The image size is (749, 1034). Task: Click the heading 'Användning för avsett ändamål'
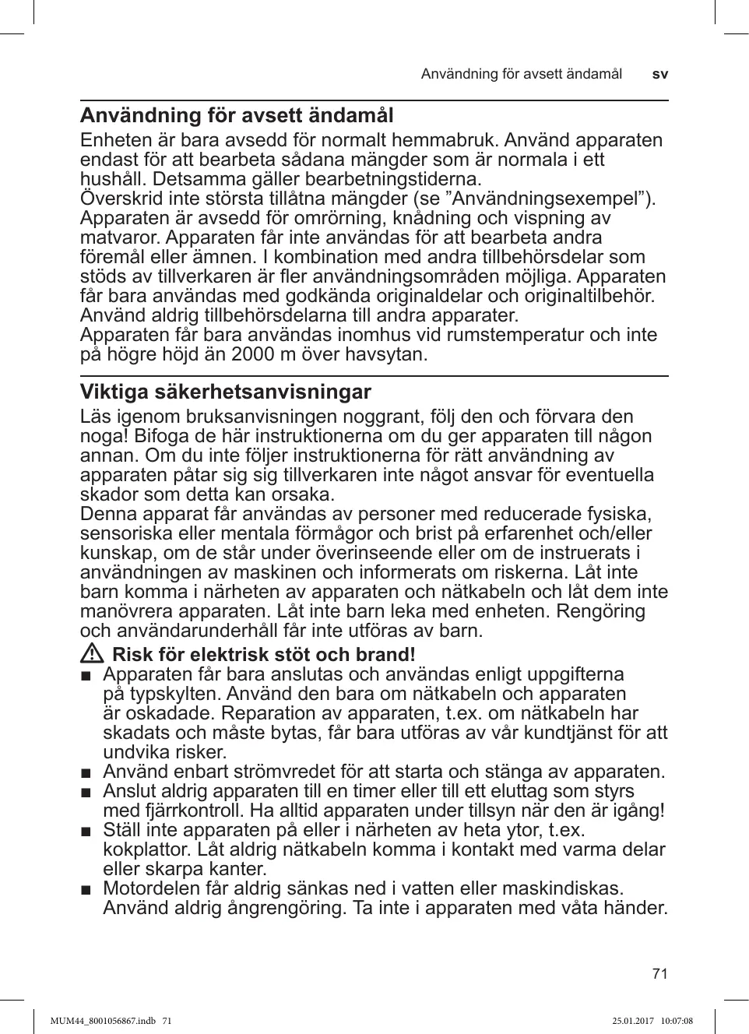(237, 116)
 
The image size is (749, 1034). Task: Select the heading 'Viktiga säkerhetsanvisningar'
(226, 392)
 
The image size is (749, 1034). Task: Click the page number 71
(659, 973)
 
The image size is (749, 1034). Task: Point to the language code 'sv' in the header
(659, 75)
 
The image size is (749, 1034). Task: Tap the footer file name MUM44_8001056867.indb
(102, 1021)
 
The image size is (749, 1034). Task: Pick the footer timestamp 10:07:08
(676, 1021)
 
